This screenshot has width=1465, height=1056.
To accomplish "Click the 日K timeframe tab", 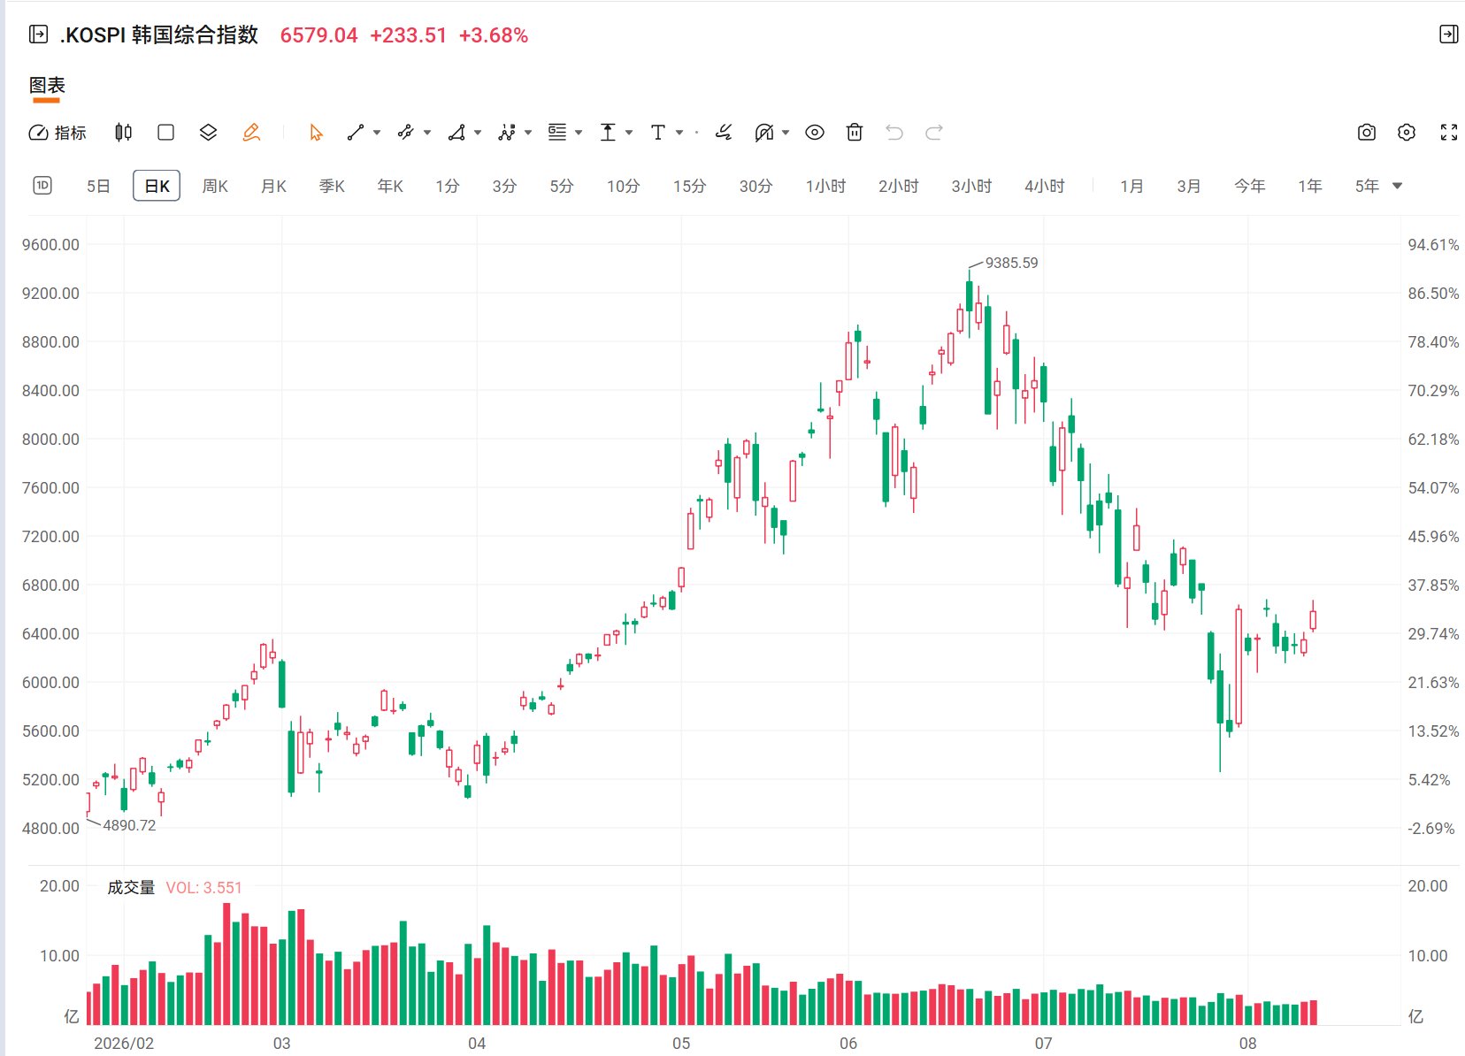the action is (157, 187).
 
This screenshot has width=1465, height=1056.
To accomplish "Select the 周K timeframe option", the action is (214, 187).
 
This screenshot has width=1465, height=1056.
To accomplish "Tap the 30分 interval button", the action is (756, 187).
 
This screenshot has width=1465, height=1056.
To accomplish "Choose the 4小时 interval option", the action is (1045, 187).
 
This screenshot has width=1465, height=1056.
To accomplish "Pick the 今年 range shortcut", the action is (1249, 187).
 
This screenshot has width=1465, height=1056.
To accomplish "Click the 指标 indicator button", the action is (58, 133).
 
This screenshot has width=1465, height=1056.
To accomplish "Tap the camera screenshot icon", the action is (1366, 133).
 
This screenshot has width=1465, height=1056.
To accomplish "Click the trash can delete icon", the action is (855, 133).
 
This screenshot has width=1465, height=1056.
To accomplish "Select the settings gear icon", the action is (1406, 133).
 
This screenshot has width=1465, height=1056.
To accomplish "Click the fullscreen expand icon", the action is (1449, 133).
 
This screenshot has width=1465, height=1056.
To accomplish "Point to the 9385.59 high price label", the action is (1011, 263).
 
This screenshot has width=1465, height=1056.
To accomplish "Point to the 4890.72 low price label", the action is (129, 825).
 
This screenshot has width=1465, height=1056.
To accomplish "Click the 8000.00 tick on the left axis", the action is (50, 440).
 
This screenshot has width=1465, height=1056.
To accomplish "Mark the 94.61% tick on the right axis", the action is (1433, 245).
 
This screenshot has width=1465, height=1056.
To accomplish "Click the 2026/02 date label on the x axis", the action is (124, 1043).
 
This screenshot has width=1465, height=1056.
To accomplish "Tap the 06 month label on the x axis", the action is (848, 1043).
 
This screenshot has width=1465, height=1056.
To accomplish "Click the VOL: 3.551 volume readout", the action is (203, 887).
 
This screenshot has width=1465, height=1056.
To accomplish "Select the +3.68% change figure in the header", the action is (493, 35).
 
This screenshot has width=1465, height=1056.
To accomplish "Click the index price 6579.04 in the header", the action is (318, 35).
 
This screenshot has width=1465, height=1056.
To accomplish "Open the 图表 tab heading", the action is (47, 85).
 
